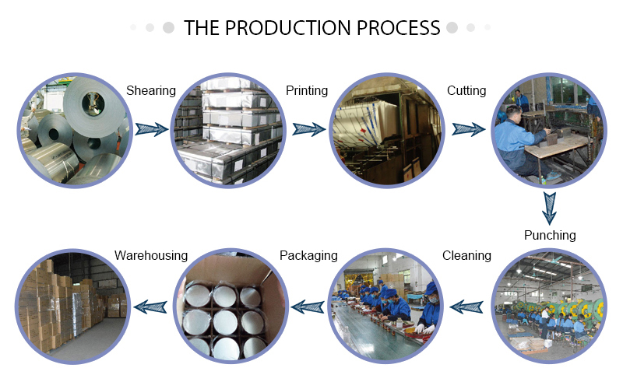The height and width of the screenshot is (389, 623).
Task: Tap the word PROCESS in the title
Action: click(398, 28)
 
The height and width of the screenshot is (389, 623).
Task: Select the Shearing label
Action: click(151, 91)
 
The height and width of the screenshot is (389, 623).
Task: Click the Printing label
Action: click(307, 91)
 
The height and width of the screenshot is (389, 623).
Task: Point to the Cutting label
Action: click(466, 91)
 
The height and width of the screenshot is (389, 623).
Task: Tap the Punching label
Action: click(550, 235)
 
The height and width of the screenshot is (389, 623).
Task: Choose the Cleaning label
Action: click(466, 255)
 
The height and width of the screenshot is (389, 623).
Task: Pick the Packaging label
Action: click(308, 255)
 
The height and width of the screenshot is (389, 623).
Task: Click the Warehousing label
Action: click(151, 255)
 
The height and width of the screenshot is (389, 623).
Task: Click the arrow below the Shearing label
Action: click(152, 128)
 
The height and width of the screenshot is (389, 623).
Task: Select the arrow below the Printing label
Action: click(308, 128)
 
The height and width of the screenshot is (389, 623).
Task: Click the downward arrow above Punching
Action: click(550, 205)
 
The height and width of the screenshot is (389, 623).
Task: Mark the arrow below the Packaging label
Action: click(308, 307)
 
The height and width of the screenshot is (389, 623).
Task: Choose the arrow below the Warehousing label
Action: click(152, 307)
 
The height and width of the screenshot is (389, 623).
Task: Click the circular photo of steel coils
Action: click(70, 129)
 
